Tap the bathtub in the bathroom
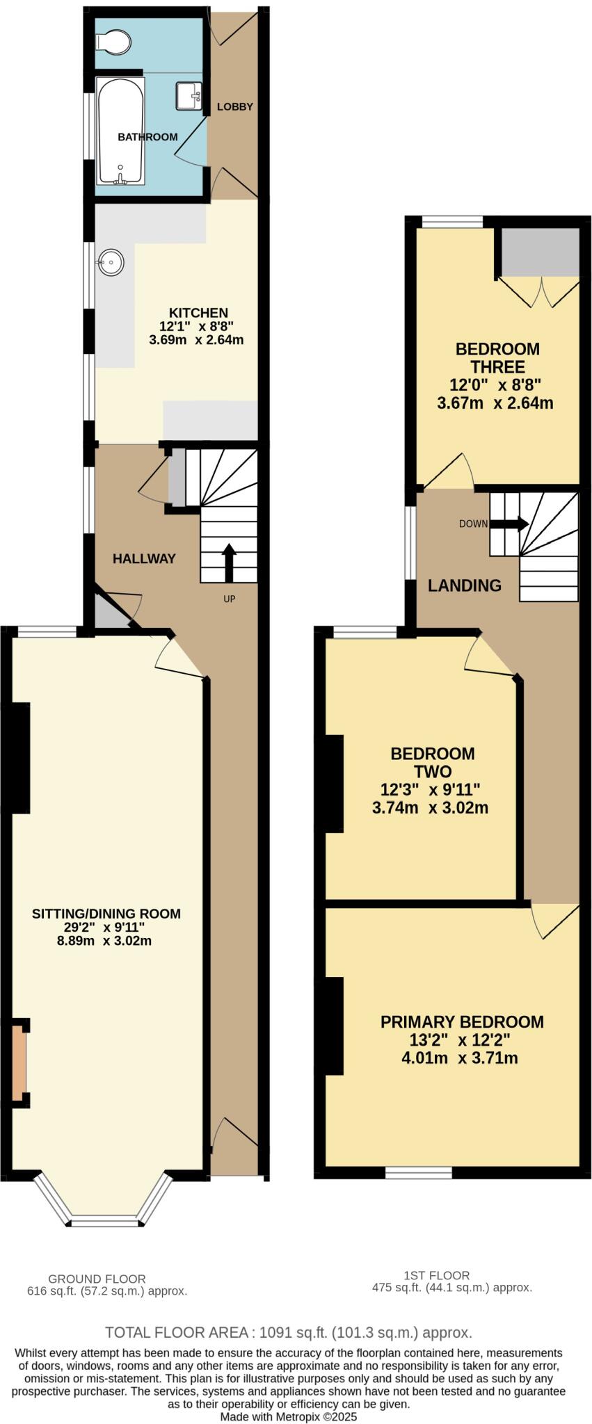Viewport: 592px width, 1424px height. (x=121, y=132)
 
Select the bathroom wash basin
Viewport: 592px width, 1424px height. (x=189, y=96)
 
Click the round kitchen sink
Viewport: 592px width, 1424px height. (x=111, y=263)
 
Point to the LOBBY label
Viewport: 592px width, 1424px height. (x=234, y=106)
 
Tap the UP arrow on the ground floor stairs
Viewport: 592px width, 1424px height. (x=228, y=563)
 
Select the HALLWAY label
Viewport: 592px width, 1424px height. (x=144, y=558)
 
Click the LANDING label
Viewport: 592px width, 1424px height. (x=464, y=585)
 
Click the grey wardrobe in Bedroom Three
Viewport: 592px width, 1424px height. (x=541, y=251)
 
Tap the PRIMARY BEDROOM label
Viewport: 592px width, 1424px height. (x=462, y=1021)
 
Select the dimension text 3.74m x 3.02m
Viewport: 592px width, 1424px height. (x=430, y=808)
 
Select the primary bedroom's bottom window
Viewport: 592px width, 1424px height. (x=419, y=1173)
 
